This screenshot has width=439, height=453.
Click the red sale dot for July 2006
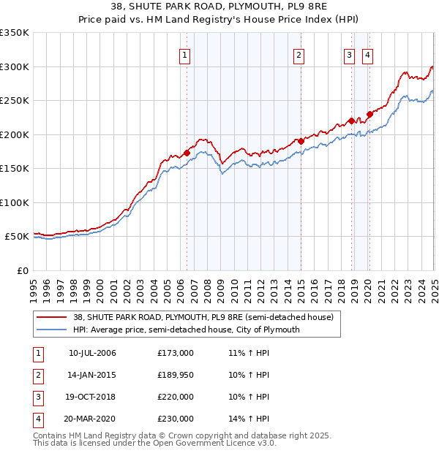[x=187, y=152]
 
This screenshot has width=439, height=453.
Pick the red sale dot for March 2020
[x=369, y=113]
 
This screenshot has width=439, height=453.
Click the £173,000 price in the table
[x=176, y=353]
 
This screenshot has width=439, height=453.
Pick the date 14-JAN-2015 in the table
[x=92, y=375]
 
